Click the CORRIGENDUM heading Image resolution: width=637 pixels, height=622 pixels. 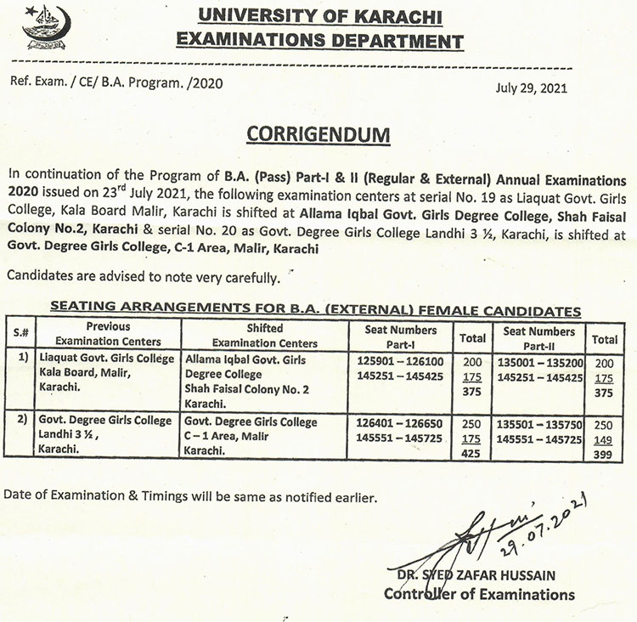tap(318, 136)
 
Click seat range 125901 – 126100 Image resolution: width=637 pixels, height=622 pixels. tap(400, 360)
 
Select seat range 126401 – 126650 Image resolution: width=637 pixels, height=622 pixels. tap(400, 422)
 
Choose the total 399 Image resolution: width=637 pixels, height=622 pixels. tap(604, 453)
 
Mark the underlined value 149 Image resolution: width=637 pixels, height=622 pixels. tap(604, 438)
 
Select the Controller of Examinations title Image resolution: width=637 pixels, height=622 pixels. tap(479, 594)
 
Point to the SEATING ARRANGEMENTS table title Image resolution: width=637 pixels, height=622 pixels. tap(315, 311)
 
